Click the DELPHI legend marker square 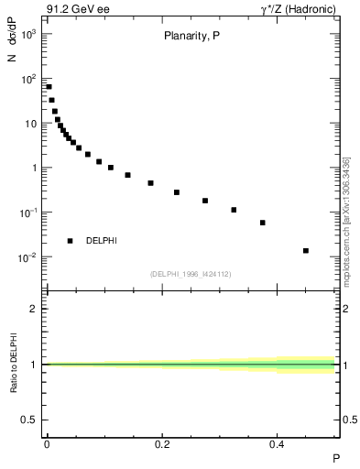(x=70, y=241)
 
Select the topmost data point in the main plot (x=49, y=87)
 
